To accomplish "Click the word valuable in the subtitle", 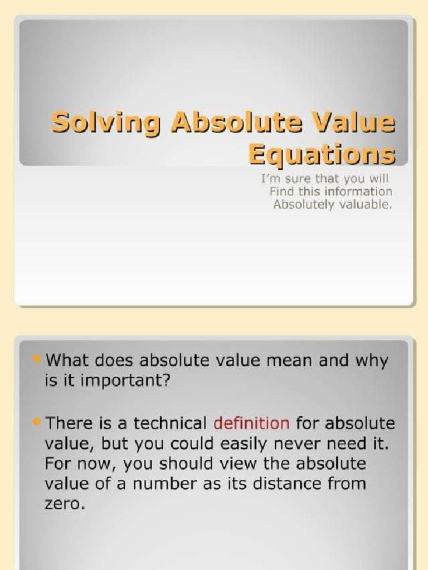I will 366,204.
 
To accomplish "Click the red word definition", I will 251,423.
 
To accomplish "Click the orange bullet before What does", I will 37,360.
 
